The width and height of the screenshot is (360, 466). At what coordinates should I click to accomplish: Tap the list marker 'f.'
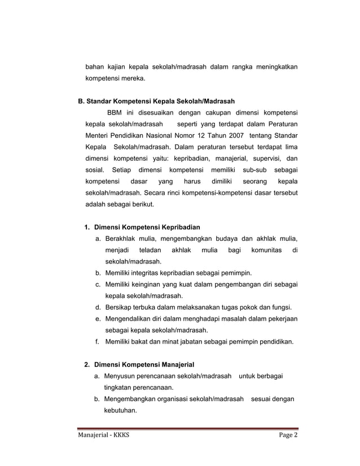[x=98, y=341]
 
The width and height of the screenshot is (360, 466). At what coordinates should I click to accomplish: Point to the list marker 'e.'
[x=98, y=319]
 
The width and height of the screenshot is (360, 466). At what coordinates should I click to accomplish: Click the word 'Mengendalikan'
[x=131, y=319]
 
